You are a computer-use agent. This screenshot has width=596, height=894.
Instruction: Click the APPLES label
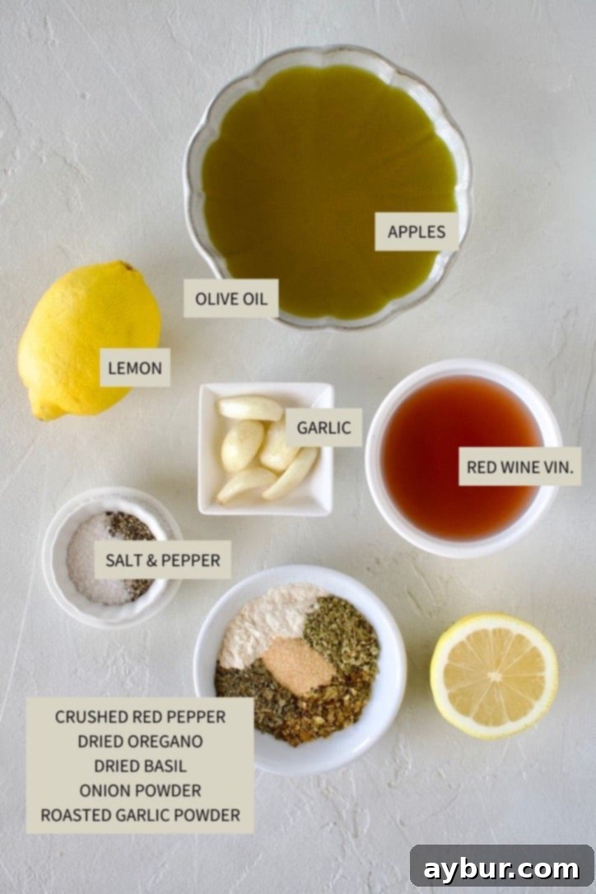(416, 231)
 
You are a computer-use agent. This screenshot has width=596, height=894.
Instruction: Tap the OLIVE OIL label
(230, 299)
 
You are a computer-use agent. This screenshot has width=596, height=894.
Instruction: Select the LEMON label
(135, 368)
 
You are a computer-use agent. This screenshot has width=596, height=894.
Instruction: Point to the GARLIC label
(324, 427)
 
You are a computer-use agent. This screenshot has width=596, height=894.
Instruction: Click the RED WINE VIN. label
(519, 467)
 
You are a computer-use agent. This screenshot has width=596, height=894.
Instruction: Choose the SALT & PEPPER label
(162, 560)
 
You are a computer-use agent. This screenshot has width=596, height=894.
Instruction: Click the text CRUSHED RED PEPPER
(140, 716)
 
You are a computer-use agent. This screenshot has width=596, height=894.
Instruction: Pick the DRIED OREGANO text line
(140, 741)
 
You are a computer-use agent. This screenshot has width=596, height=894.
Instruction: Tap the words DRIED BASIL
(140, 766)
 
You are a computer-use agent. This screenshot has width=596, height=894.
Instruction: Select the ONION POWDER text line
(140, 790)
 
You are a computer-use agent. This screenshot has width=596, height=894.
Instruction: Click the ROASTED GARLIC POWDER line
(140, 815)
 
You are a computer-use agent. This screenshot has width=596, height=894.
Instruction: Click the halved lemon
(494, 675)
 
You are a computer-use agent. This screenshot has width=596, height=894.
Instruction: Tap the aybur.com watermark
(501, 868)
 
